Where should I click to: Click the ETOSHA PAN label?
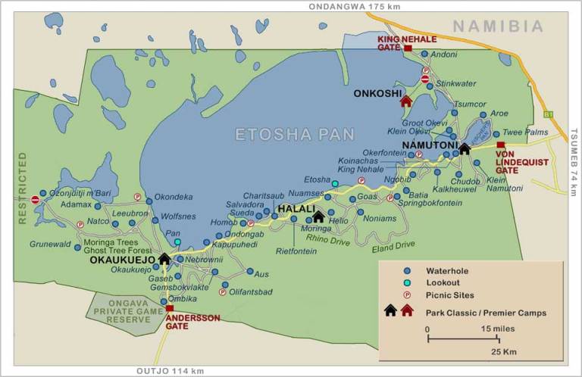point(295,134)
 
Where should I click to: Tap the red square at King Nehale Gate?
point(408,48)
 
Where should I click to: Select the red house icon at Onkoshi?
point(405,100)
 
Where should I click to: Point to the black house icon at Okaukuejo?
point(164,258)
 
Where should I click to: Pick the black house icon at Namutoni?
point(465,148)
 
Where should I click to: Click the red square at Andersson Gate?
point(170,309)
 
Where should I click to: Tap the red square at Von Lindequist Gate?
point(500,145)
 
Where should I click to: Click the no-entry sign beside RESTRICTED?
point(36,200)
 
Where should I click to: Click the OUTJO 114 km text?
point(170,371)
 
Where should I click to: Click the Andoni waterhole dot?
point(424,55)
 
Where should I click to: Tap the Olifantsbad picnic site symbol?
point(222,291)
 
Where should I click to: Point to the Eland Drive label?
point(393,244)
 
